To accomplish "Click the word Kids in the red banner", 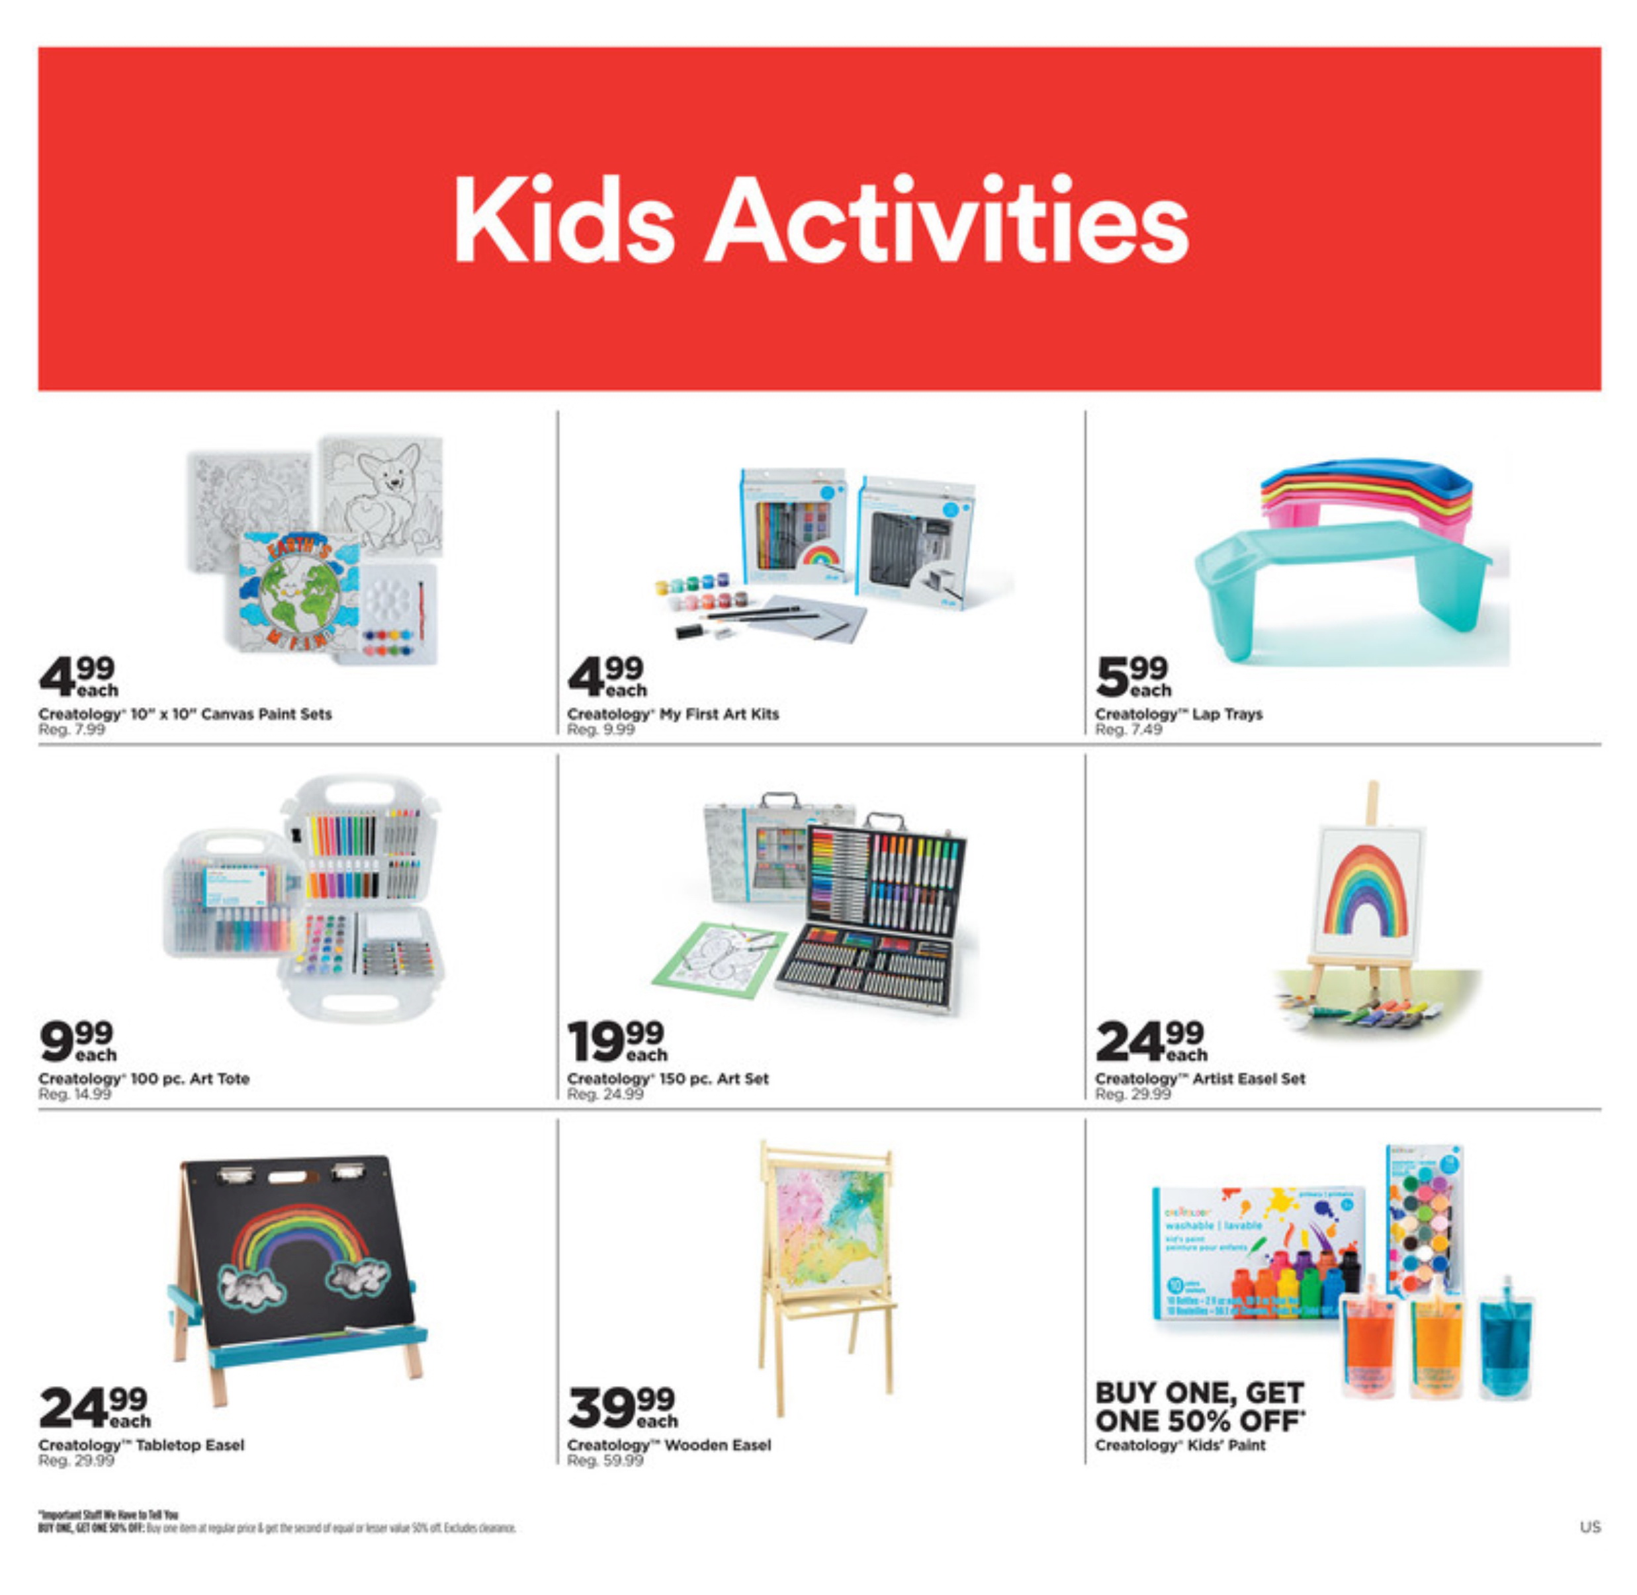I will coord(563,220).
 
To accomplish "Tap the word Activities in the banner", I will coord(947,220).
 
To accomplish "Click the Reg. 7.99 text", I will coord(72,730).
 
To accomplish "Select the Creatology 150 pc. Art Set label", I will coord(668,1079).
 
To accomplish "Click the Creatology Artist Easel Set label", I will coord(1200,1079).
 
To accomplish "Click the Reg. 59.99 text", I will coord(605,1461).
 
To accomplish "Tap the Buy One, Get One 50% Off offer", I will coord(1200,1407).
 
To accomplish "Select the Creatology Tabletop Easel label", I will coord(142,1445).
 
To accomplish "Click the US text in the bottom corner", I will coord(1589,1527).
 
